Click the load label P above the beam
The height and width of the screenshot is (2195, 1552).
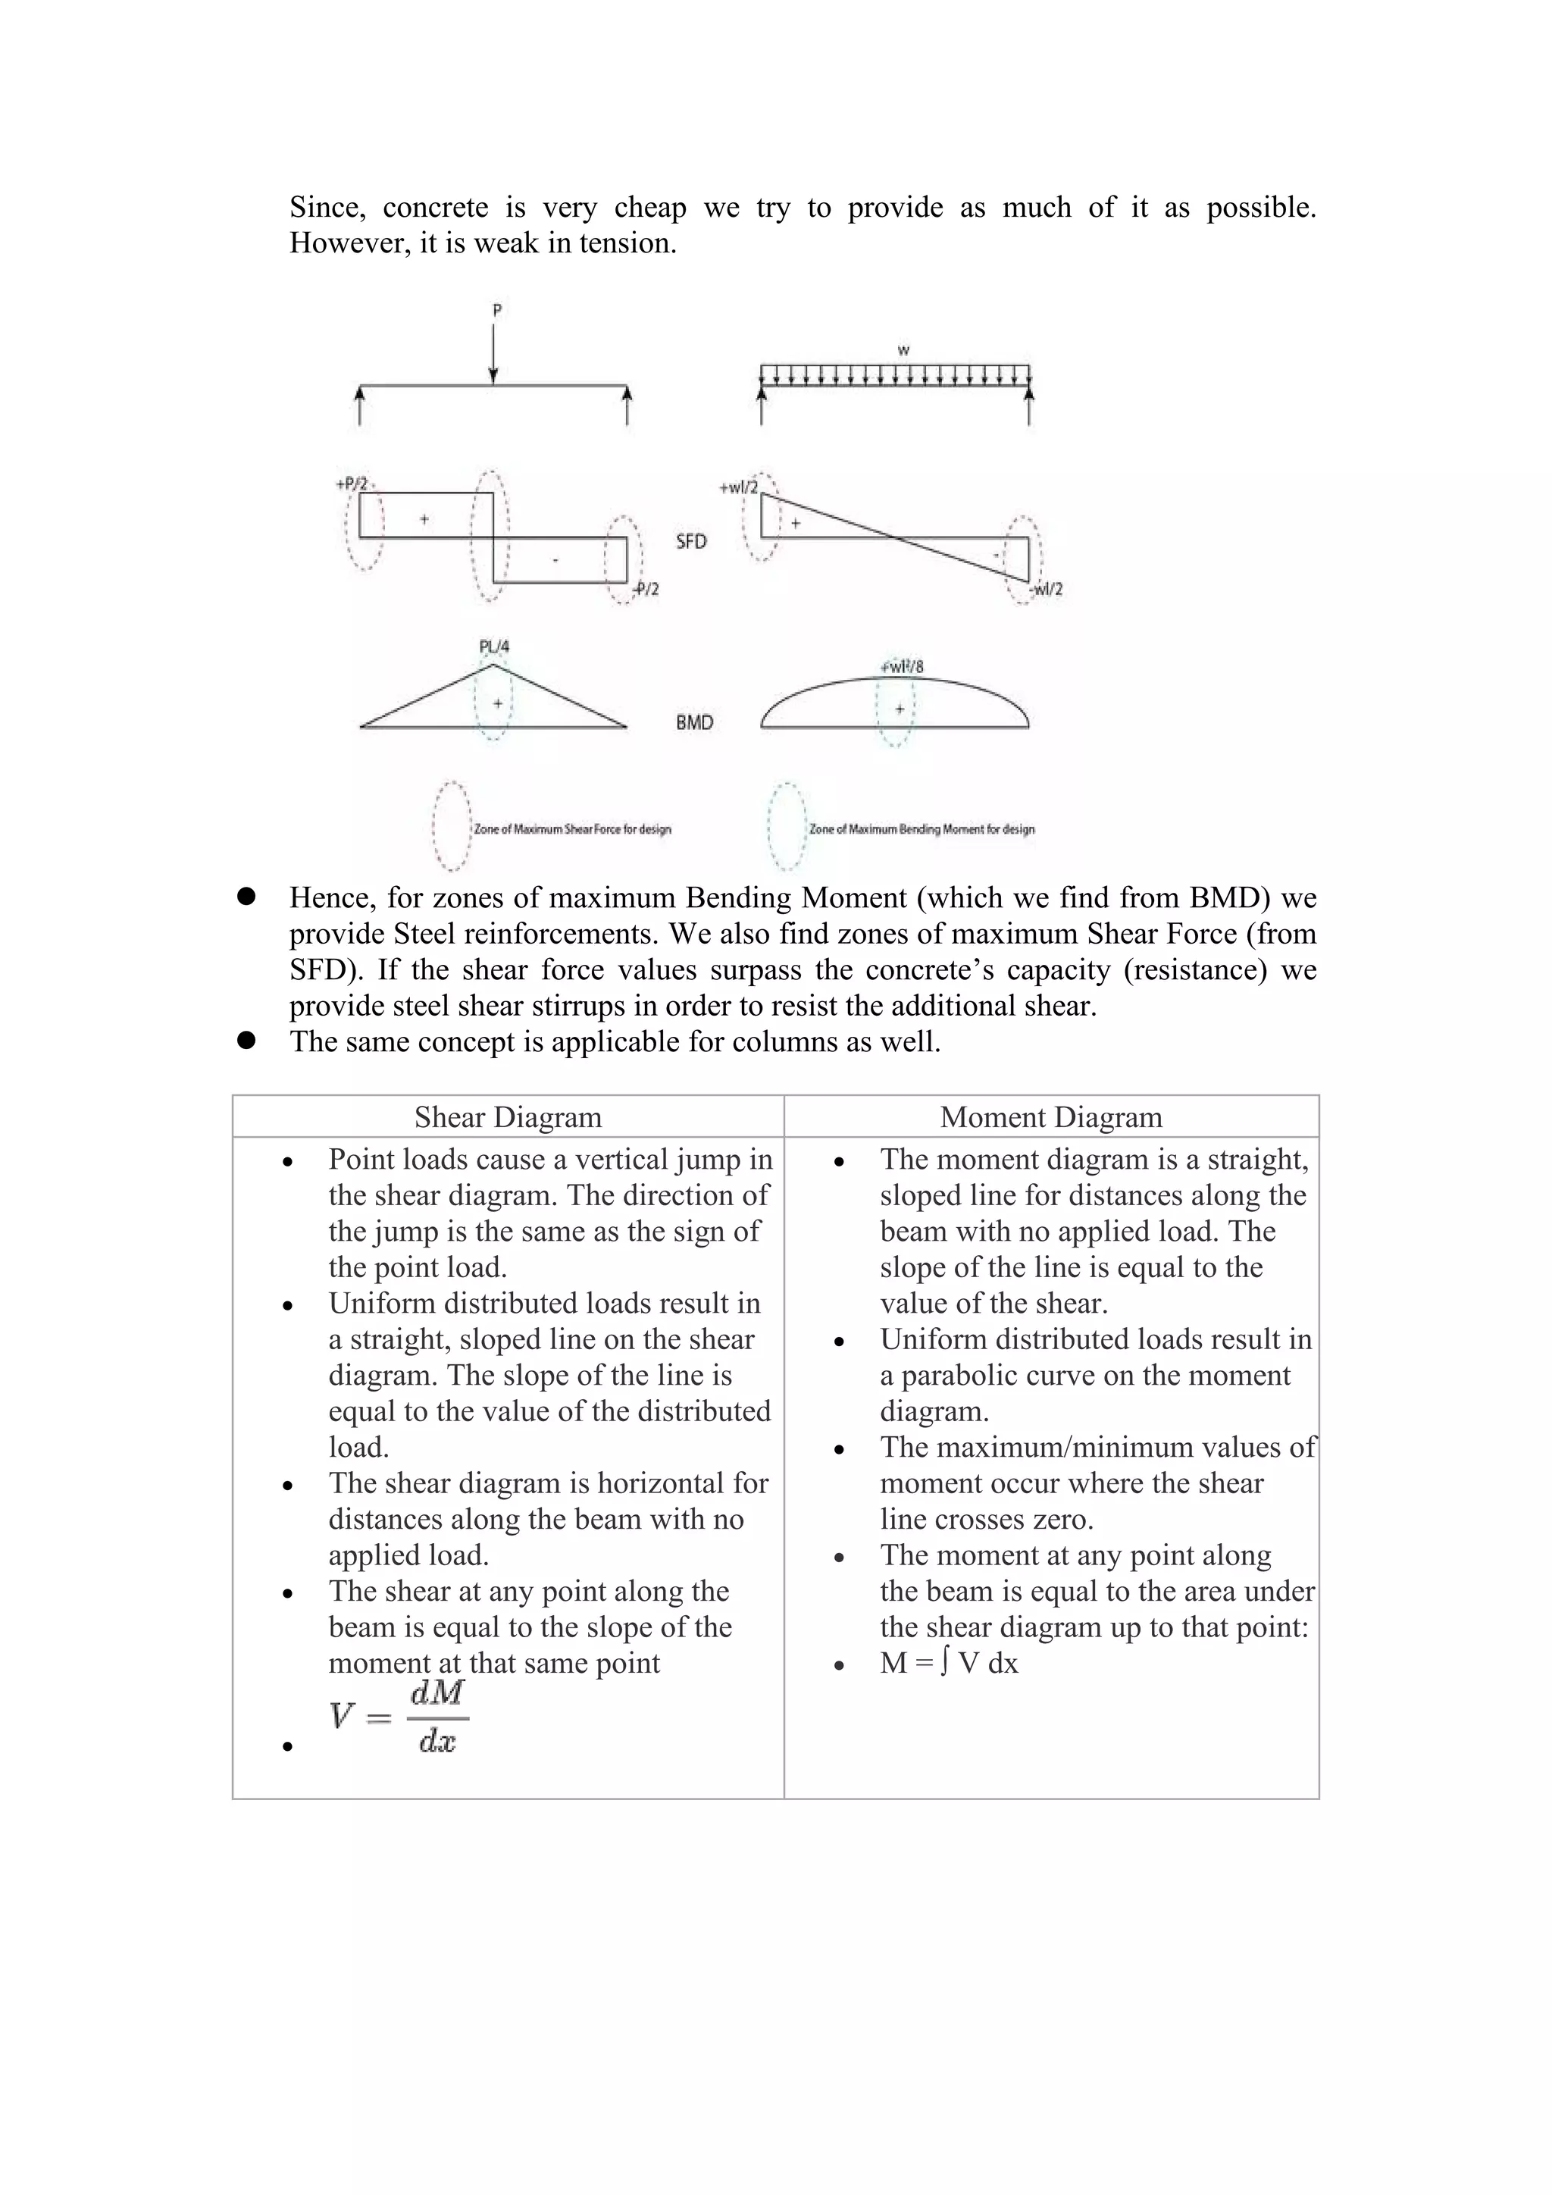point(497,311)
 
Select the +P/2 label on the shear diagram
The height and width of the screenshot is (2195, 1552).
point(352,484)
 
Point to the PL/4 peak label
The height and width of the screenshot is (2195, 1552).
point(494,647)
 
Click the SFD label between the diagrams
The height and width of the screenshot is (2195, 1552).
point(691,541)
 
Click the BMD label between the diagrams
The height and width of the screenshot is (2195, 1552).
point(695,723)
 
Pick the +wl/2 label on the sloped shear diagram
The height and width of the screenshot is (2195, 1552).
point(738,487)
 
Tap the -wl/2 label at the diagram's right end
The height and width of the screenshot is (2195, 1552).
point(1047,589)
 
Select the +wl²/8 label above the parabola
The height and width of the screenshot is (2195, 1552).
point(901,666)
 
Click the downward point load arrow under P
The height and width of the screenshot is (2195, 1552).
point(493,354)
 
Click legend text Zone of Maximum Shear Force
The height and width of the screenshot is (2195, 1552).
point(572,829)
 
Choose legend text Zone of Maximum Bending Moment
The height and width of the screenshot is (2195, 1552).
point(921,829)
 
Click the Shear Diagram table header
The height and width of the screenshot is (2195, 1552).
point(508,1116)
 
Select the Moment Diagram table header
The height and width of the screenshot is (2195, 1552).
point(1051,1116)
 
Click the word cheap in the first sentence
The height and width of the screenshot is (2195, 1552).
point(650,208)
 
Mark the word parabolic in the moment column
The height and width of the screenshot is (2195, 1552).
point(965,1375)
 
